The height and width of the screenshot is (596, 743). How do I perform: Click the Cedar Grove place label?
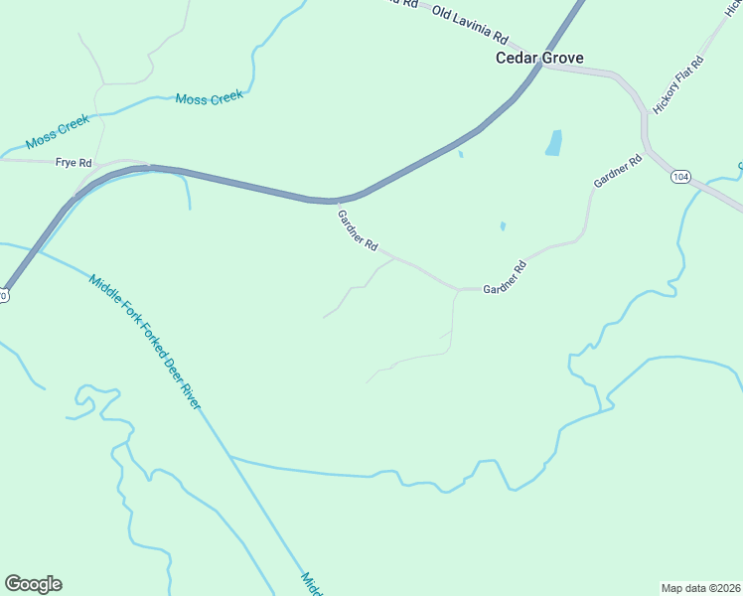click(x=539, y=58)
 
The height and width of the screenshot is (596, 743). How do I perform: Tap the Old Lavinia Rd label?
click(x=470, y=25)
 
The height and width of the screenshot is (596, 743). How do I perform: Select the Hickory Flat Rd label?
click(x=678, y=84)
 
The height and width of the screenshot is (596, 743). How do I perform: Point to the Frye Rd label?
click(x=74, y=162)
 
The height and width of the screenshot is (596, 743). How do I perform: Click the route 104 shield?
click(x=680, y=177)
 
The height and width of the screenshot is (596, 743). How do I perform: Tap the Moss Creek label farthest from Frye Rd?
click(x=210, y=97)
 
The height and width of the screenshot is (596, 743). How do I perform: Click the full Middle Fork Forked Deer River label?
click(x=144, y=342)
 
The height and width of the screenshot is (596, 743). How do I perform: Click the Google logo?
click(x=33, y=584)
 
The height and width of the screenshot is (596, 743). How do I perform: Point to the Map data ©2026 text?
click(x=700, y=587)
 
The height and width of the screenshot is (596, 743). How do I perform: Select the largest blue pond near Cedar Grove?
click(x=553, y=144)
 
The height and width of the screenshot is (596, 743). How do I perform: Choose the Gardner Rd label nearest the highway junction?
click(x=358, y=229)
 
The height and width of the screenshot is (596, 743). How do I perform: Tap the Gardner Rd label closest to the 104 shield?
click(x=617, y=171)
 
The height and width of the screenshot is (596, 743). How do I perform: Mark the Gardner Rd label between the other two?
click(x=504, y=279)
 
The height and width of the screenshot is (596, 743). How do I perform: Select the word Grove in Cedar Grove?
click(x=562, y=58)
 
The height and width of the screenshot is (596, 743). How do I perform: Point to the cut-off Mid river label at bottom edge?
click(x=311, y=584)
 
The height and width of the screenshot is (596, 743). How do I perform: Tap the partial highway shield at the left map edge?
click(x=3, y=295)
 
